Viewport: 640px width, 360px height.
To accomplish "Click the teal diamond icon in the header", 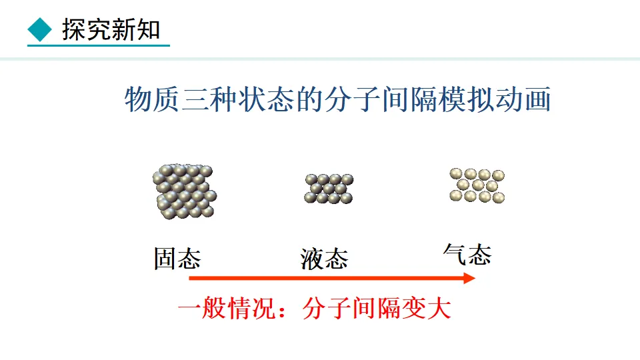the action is pyautogui.click(x=41, y=29).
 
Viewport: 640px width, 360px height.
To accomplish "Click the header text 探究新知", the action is pyautogui.click(x=111, y=29).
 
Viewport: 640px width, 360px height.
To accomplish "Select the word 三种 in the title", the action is pyautogui.click(x=209, y=101).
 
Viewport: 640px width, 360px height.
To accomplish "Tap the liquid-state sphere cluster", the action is pyautogui.click(x=329, y=188).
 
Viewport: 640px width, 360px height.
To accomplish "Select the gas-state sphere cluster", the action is pyautogui.click(x=477, y=185).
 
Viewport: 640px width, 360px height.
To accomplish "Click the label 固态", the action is pyautogui.click(x=177, y=259).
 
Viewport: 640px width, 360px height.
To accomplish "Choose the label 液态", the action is pyautogui.click(x=324, y=259).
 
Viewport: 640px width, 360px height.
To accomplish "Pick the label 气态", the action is pyautogui.click(x=467, y=254).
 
